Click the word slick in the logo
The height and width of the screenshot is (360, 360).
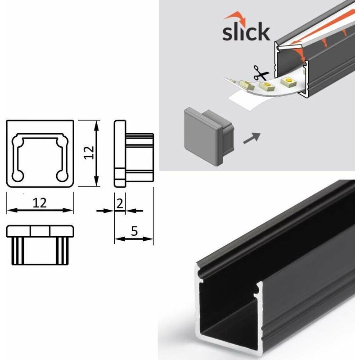click(246, 33)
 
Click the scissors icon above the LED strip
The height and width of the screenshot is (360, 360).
click(260, 72)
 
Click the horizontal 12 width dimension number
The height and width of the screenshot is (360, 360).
click(40, 203)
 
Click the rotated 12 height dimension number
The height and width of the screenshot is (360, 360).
click(89, 153)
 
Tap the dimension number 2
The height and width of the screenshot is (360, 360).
click(119, 203)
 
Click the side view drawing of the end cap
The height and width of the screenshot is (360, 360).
click(133, 153)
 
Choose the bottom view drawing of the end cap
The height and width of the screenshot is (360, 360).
click(40, 244)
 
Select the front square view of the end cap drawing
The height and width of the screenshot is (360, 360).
click(40, 153)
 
